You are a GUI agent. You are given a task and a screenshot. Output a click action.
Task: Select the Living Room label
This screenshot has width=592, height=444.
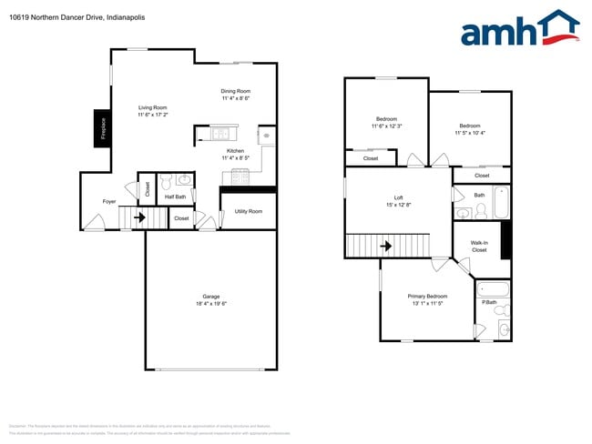[152, 107]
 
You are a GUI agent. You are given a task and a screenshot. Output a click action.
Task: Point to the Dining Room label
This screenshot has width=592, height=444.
[235, 91]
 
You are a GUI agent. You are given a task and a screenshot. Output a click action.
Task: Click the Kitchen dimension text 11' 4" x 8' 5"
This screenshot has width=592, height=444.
[235, 158]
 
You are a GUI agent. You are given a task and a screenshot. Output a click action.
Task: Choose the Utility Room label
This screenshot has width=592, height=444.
[248, 211]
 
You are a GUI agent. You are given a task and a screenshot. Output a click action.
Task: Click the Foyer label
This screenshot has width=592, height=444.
[108, 202]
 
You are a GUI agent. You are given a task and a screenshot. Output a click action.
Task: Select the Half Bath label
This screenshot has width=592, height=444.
[175, 197]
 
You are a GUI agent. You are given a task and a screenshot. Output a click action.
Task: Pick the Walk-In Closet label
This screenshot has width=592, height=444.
[479, 246]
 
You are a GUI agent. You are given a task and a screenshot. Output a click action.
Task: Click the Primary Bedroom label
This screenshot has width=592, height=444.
[427, 297]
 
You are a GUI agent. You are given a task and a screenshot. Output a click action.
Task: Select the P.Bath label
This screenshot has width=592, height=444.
[489, 302]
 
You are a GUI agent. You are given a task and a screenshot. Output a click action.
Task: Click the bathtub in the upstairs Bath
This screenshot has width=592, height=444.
[501, 202]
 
